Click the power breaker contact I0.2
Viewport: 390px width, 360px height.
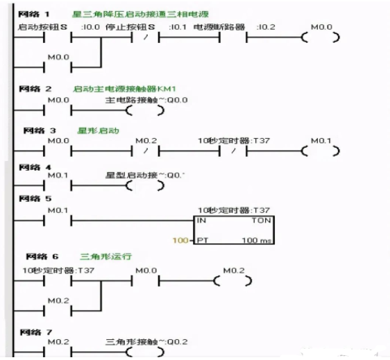(231, 37)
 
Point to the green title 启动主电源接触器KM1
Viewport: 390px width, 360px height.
(116, 89)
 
